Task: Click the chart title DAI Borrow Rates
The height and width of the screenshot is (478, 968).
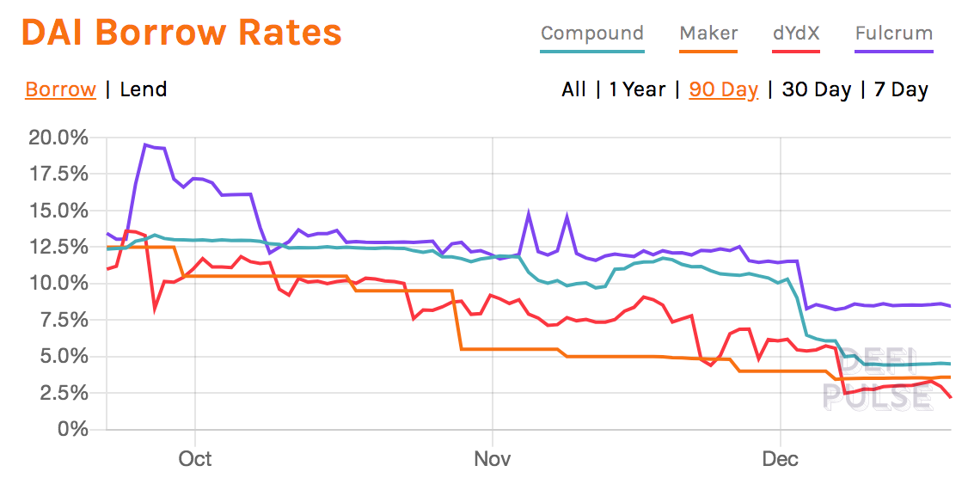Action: [181, 33]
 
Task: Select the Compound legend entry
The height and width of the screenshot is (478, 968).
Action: [591, 34]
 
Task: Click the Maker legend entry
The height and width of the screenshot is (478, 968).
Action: [708, 34]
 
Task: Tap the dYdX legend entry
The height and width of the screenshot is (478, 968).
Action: [796, 34]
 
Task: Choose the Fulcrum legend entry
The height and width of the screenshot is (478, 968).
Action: [894, 34]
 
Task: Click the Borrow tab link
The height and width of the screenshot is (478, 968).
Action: [60, 89]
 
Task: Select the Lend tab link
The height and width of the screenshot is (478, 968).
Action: [144, 89]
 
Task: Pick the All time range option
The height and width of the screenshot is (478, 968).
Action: [573, 89]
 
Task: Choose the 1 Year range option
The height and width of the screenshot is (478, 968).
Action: [637, 89]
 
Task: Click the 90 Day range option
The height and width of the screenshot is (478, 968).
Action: [724, 89]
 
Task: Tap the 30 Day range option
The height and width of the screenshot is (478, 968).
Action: [817, 89]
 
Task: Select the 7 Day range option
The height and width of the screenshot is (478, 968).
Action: [901, 89]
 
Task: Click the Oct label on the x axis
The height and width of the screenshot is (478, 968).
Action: [195, 458]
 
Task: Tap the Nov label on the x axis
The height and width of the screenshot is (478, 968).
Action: [493, 458]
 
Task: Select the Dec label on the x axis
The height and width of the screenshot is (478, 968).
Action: [781, 458]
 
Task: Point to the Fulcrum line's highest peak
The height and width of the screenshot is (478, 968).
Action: [146, 144]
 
